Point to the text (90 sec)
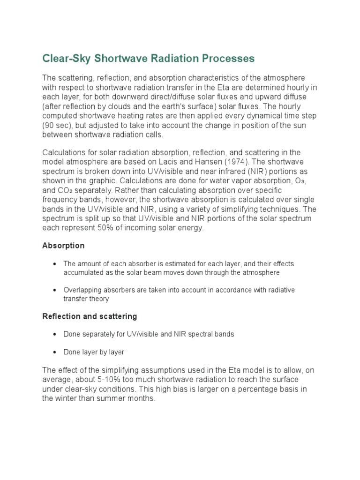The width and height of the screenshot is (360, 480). [x=57, y=125]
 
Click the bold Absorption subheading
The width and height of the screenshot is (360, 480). [x=63, y=246]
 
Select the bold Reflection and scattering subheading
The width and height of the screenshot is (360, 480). [x=90, y=316]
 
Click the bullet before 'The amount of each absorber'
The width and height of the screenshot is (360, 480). [x=55, y=264]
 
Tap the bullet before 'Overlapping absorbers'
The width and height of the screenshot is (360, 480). [x=55, y=290]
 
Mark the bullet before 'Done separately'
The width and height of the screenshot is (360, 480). [x=55, y=335]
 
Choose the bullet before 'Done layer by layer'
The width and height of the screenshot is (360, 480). [x=55, y=352]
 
